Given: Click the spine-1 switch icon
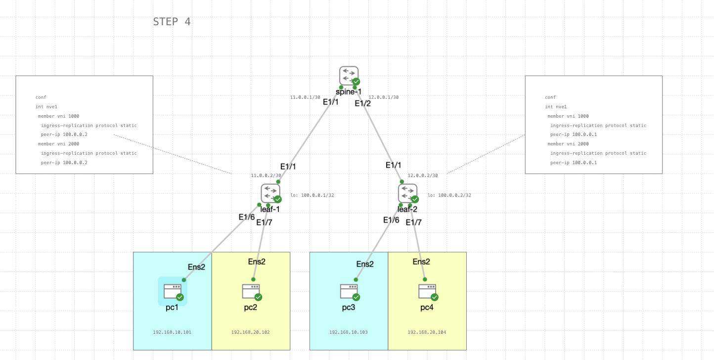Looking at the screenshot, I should click(349, 76).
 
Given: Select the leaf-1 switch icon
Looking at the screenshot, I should click(270, 193).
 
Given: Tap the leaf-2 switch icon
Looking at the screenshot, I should click(407, 193).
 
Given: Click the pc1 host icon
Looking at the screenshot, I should click(173, 291).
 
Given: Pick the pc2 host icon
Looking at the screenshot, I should click(251, 291).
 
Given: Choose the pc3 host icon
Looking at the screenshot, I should click(349, 291).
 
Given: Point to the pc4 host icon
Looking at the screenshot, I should click(427, 291).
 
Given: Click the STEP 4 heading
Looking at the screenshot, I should click(172, 22).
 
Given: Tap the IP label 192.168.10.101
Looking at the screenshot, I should click(172, 332).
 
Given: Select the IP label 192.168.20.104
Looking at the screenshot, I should click(427, 332).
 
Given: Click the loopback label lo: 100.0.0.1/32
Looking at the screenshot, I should click(312, 195).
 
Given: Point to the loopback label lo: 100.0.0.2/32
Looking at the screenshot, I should click(449, 195).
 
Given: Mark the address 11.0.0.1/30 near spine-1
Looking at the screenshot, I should click(305, 97).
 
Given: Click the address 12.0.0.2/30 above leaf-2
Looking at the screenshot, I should click(423, 176).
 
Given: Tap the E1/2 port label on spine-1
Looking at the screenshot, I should click(362, 103).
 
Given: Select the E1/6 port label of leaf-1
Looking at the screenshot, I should click(247, 217).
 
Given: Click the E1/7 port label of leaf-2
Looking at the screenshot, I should click(413, 223).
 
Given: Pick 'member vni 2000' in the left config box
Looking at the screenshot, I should click(58, 144).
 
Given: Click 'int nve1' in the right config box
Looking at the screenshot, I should click(556, 107).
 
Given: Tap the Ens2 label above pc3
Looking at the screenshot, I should click(365, 264).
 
